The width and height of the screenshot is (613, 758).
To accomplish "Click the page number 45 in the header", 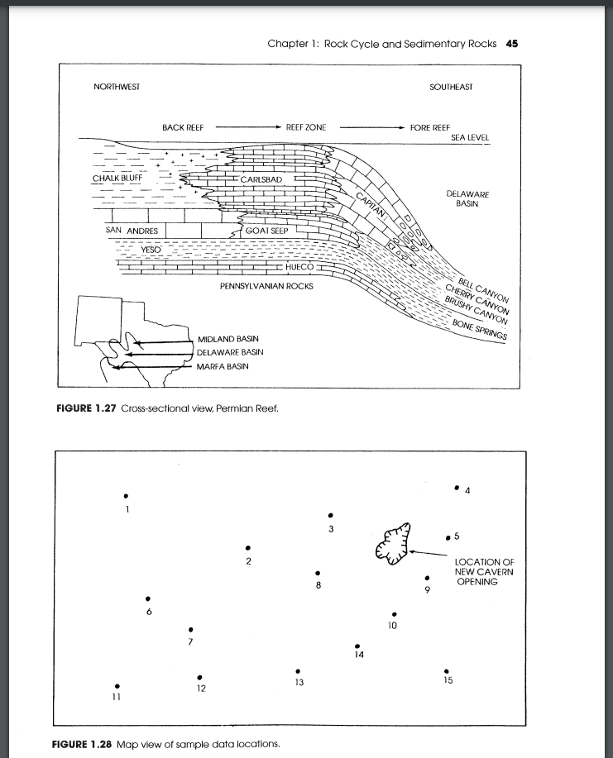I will click(x=511, y=44).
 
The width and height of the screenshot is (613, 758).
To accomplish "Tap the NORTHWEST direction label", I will click(x=117, y=87).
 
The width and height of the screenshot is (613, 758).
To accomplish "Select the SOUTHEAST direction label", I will click(x=451, y=87).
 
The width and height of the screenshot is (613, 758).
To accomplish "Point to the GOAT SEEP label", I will click(x=266, y=231).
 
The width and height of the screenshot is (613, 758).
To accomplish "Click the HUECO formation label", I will click(x=298, y=268).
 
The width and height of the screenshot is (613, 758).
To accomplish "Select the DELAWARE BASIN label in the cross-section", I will click(x=468, y=198).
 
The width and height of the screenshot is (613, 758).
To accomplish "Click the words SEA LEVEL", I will click(x=470, y=138).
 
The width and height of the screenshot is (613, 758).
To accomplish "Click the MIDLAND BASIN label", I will click(x=227, y=339).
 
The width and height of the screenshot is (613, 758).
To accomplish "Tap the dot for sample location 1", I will click(x=126, y=495).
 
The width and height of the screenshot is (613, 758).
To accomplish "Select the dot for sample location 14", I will click(x=357, y=646).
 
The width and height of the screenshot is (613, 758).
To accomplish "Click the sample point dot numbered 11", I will click(x=117, y=685).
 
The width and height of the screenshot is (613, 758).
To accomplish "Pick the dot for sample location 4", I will click(x=456, y=488).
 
